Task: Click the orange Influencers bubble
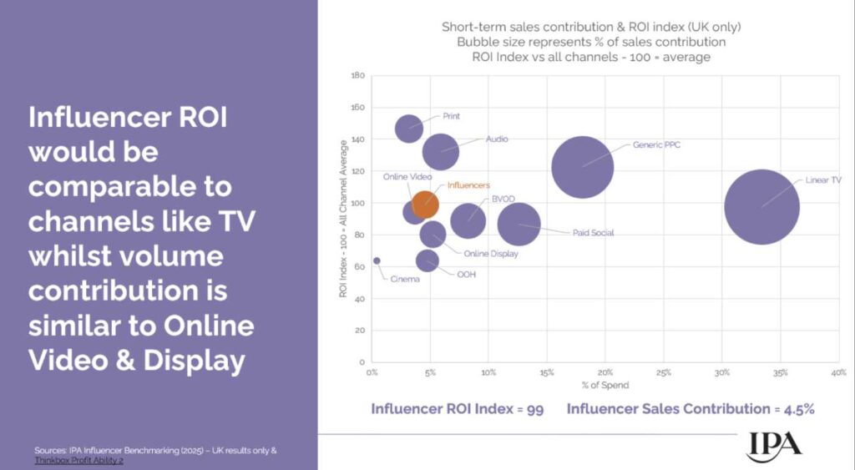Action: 425,204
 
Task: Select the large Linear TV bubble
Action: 761,207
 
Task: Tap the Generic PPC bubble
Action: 583,167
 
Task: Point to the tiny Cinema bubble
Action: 377,260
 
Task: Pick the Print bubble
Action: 409,129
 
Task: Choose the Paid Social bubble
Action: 519,224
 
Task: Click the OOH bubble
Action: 427,260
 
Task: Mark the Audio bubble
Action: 440,151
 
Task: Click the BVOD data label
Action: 503,199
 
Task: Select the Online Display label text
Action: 492,254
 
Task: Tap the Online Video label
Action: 407,177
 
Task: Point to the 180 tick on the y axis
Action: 359,76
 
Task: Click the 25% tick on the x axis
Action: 665,372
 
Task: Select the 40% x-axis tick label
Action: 838,372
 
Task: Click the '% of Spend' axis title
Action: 605,386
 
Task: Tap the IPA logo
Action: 773,443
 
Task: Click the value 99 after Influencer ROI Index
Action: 534,409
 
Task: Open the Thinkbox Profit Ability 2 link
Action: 79,460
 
